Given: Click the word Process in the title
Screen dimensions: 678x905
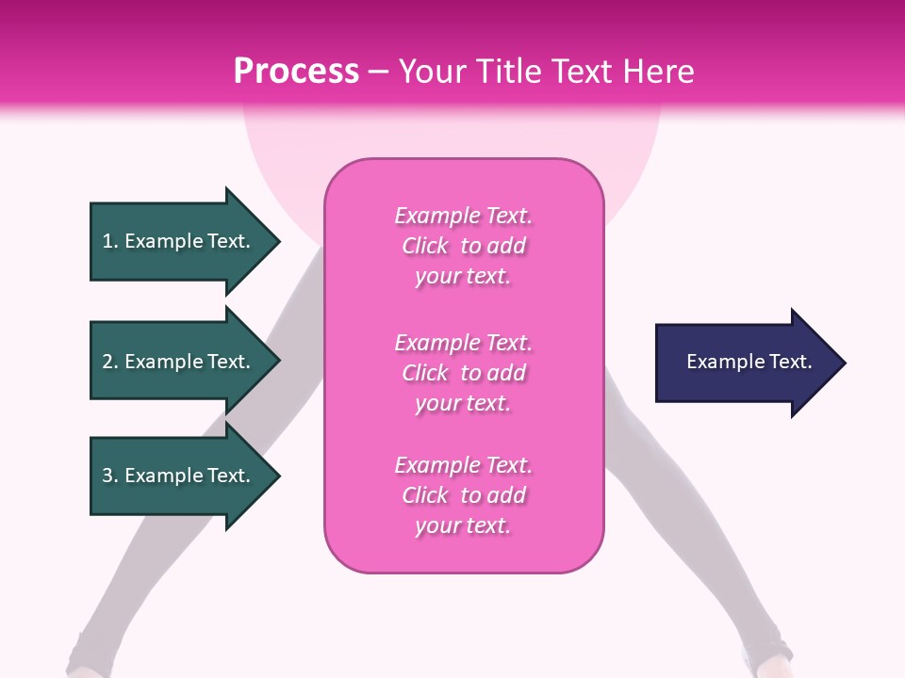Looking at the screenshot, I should [x=296, y=72].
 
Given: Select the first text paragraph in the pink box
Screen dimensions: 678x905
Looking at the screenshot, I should [x=463, y=246].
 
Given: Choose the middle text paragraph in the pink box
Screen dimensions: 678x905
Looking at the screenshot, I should [x=463, y=373].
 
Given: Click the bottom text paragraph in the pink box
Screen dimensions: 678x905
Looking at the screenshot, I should [x=463, y=495].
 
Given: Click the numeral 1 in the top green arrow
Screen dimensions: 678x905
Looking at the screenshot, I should [x=107, y=241].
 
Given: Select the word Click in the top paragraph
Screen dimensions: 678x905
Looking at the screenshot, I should [x=424, y=246].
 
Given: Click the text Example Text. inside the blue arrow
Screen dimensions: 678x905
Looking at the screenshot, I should [x=749, y=362].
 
